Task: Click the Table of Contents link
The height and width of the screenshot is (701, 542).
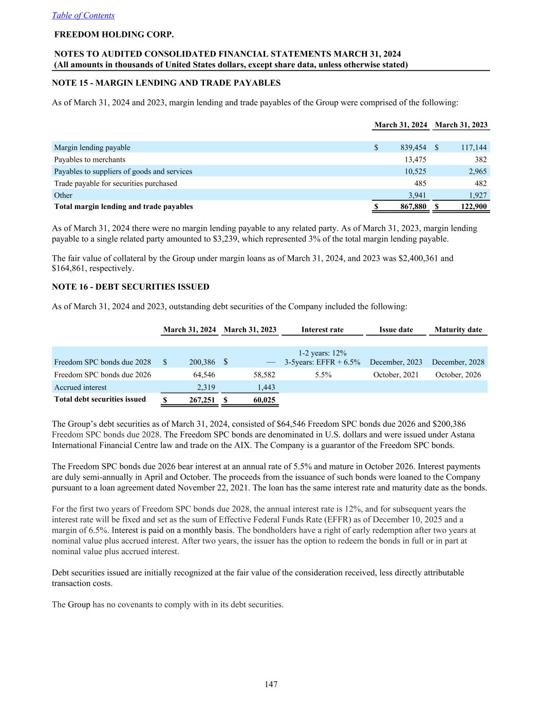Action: tap(83, 15)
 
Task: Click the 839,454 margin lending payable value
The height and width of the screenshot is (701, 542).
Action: tap(413, 147)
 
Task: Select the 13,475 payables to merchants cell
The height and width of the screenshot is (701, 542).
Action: tap(416, 160)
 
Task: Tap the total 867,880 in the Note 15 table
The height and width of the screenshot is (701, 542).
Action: tap(413, 206)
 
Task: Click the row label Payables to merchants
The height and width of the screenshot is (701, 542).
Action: tap(89, 160)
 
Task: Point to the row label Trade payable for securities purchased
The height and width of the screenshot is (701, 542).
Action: tap(116, 183)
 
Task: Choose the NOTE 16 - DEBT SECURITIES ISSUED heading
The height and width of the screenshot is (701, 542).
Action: tap(130, 287)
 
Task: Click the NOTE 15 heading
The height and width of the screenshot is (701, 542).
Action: tap(166, 83)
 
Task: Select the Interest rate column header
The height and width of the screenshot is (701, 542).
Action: tap(322, 330)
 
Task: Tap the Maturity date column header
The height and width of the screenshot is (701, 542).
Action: tap(458, 330)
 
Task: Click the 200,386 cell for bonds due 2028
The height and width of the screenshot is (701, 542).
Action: tap(202, 362)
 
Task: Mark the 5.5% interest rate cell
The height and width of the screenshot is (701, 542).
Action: tap(322, 375)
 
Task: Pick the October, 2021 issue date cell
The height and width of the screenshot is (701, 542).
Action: tap(396, 375)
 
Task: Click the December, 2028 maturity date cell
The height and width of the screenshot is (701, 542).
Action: tap(458, 362)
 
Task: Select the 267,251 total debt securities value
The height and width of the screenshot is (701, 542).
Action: tap(202, 400)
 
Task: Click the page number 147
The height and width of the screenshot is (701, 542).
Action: tap(271, 684)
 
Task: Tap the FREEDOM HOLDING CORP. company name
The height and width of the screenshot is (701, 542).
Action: tap(114, 34)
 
